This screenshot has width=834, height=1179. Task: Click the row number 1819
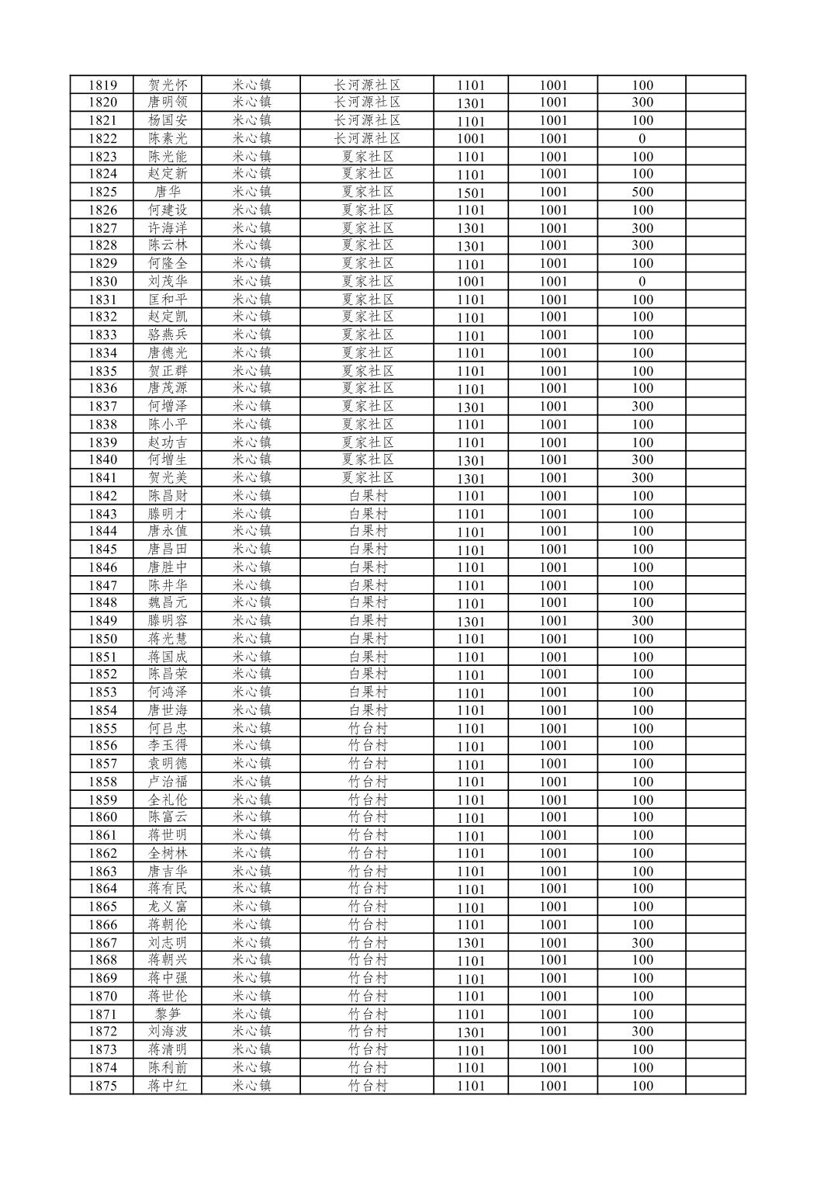(x=102, y=85)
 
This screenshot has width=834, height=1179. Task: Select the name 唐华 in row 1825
(x=167, y=192)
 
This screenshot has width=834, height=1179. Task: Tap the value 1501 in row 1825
(x=470, y=192)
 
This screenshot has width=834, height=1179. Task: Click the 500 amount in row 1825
(x=642, y=192)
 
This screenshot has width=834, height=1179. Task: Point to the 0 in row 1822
(x=642, y=139)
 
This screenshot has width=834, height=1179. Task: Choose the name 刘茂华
(x=167, y=282)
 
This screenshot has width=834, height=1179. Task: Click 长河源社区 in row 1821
(x=367, y=120)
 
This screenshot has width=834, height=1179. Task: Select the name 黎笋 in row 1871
(x=167, y=1014)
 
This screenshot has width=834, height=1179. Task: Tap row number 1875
(x=102, y=1086)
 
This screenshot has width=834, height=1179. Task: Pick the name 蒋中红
(x=167, y=1086)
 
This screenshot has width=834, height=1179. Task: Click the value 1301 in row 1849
(x=470, y=621)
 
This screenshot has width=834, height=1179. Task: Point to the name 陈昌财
(x=167, y=496)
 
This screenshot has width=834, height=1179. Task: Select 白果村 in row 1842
(x=367, y=496)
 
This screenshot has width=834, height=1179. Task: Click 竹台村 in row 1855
(x=367, y=728)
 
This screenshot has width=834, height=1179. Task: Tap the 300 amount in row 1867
(x=642, y=943)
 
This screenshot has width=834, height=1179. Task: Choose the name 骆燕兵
(x=167, y=335)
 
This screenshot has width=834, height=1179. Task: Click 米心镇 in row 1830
(x=251, y=282)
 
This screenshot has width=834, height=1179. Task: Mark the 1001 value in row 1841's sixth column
(x=553, y=478)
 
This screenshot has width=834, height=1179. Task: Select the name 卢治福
(x=167, y=782)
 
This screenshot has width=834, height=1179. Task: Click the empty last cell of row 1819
(x=715, y=85)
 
